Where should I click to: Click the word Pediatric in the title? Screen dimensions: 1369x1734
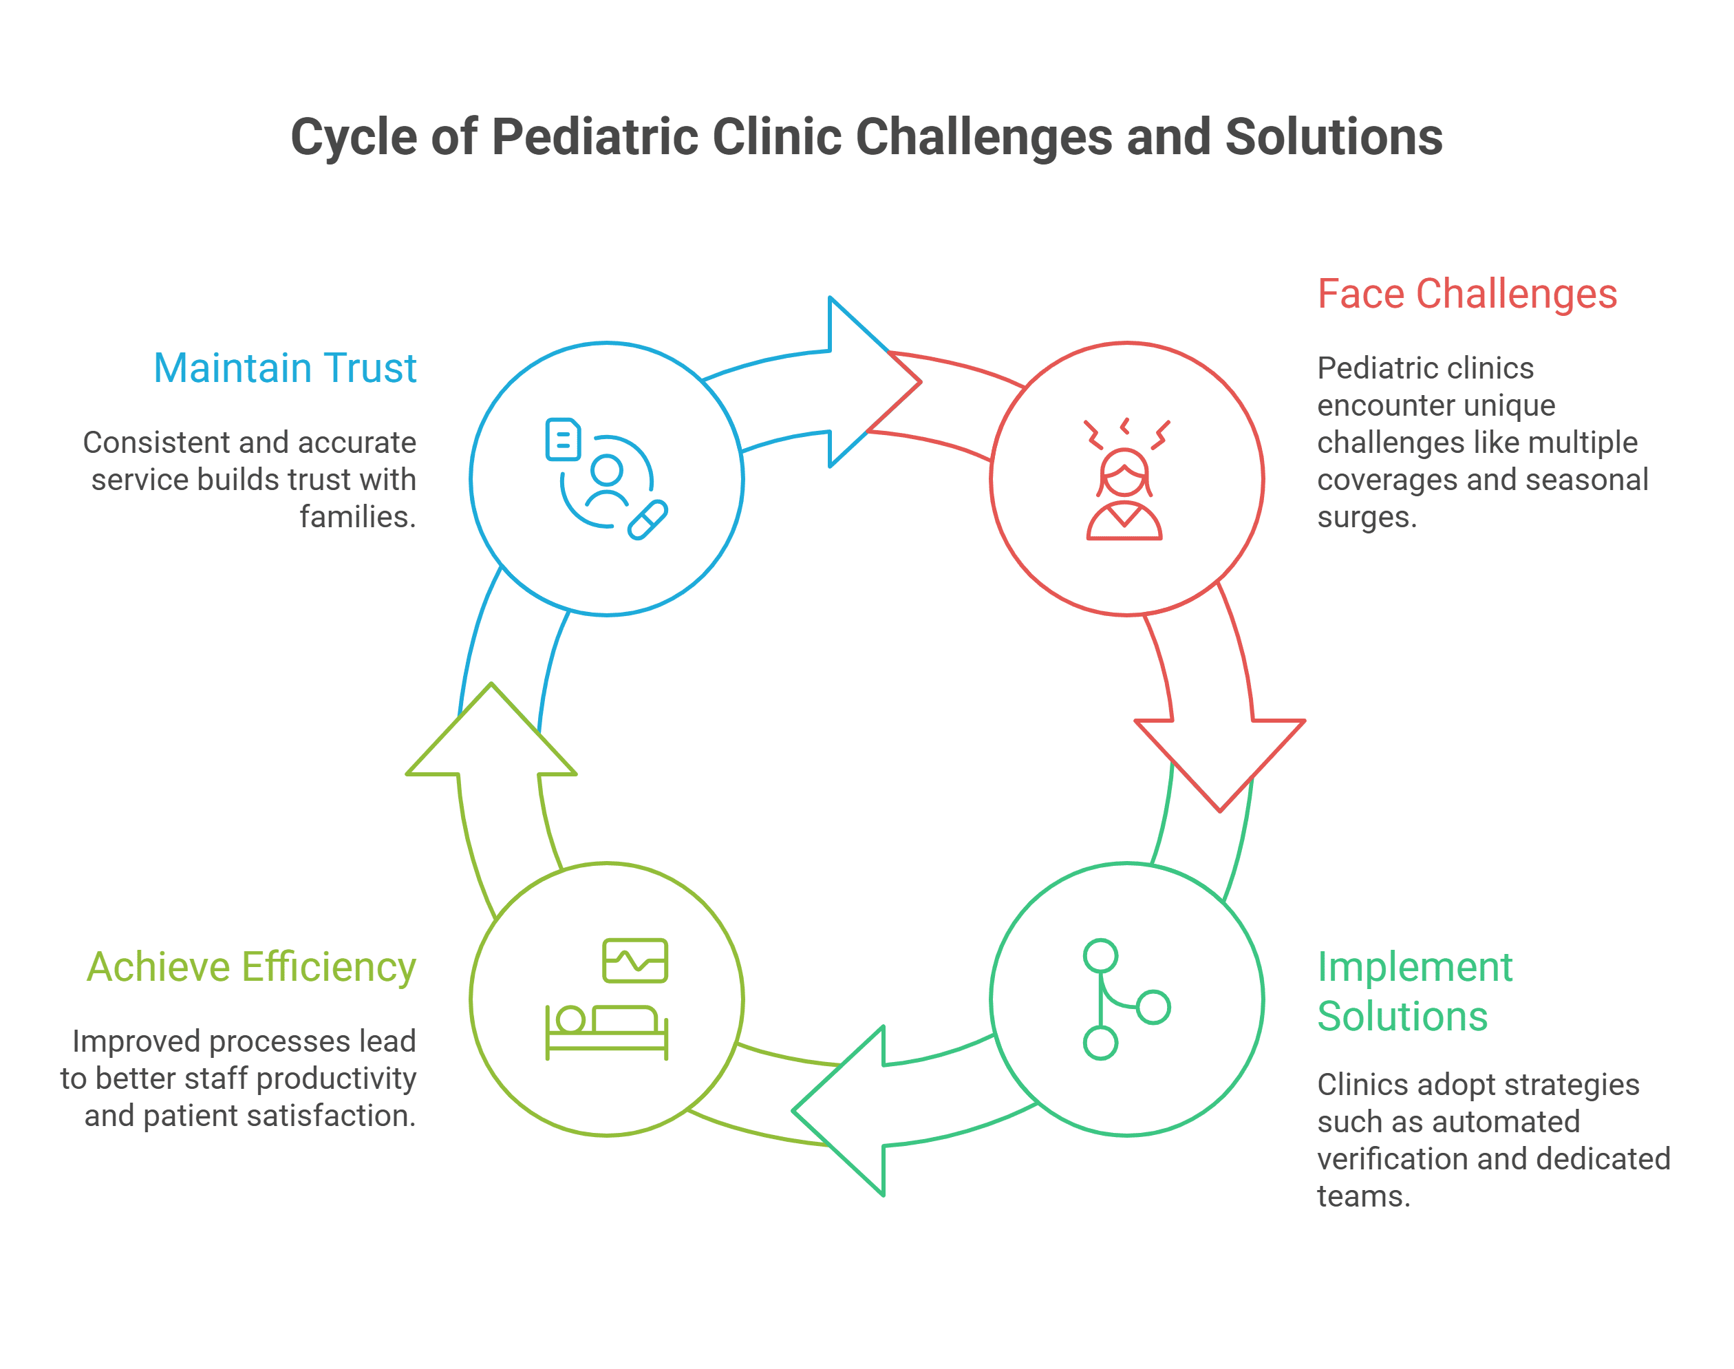(x=595, y=138)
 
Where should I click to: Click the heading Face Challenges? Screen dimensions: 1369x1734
(x=1466, y=294)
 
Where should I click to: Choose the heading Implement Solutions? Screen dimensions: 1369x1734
(x=1413, y=992)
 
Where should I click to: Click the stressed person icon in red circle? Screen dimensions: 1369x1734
(x=1124, y=481)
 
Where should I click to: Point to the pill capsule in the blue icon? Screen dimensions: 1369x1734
(x=647, y=520)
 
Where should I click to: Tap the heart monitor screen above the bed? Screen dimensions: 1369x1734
(x=634, y=960)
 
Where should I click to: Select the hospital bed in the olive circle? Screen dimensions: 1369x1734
(x=607, y=1032)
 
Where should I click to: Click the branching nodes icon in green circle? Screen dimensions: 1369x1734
(x=1122, y=999)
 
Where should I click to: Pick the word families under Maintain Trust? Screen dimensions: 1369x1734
(x=357, y=518)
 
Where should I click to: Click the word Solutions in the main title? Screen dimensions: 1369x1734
(x=1334, y=138)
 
